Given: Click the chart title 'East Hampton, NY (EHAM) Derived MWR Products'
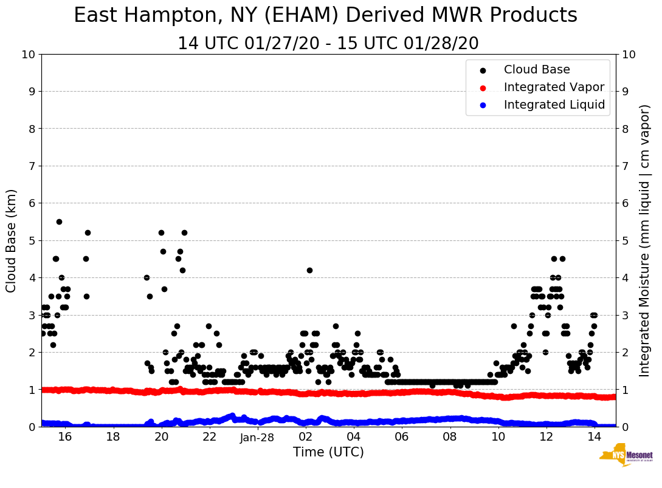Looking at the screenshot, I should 325,16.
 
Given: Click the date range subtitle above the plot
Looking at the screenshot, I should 328,44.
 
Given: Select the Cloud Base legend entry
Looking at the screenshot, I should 537,70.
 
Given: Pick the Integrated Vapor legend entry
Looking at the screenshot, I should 554,87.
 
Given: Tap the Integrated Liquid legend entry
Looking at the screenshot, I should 554,105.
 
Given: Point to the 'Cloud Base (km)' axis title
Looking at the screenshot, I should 12,240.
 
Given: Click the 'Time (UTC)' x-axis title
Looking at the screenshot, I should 328,452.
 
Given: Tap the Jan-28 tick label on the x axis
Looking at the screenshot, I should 258,437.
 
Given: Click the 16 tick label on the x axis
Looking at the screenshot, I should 65,437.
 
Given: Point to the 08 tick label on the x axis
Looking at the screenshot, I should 450,437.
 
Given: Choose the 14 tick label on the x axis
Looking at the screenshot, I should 594,437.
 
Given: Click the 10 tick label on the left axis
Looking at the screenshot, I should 28,55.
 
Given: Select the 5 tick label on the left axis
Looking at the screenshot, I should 32,241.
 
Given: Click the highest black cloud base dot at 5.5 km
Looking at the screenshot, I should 59,222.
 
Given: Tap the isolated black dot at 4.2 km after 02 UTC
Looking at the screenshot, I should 309,270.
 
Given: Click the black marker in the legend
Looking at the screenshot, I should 483,70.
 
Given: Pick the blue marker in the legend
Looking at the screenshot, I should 483,106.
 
